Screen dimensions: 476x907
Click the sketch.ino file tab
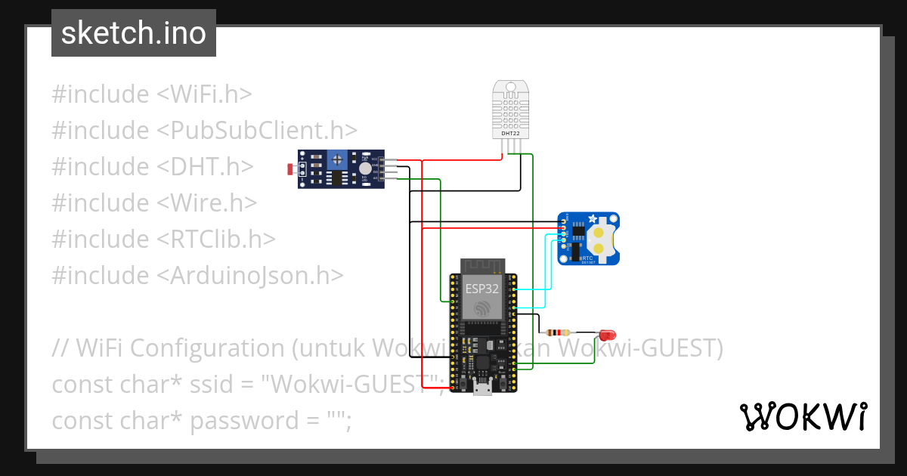(134, 33)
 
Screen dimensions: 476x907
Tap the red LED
(607, 334)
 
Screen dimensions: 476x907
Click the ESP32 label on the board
(481, 289)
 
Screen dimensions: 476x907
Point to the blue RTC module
(589, 238)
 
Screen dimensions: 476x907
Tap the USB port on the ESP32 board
(481, 389)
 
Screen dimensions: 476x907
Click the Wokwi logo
(803, 416)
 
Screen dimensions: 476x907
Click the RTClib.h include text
(216, 239)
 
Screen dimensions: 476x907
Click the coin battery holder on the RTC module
(602, 237)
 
